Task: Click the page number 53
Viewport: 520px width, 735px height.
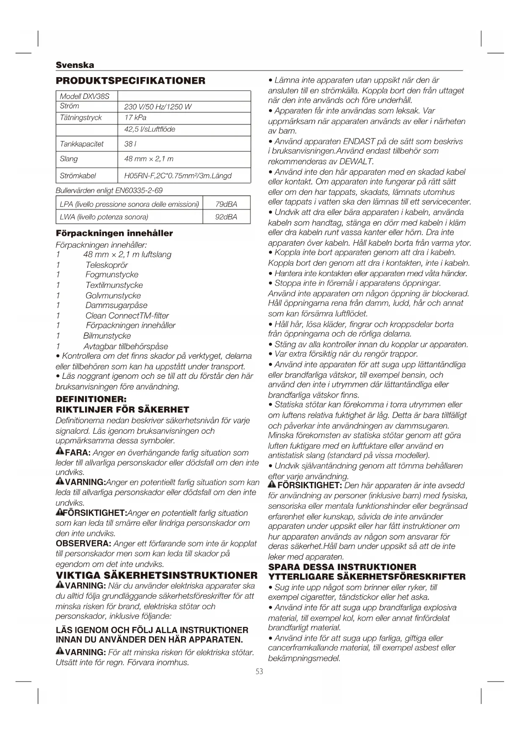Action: (x=259, y=671)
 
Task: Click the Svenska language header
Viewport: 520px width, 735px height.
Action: (x=75, y=65)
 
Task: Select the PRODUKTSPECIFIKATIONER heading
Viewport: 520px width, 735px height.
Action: (x=131, y=80)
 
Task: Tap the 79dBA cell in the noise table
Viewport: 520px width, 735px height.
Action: (x=226, y=204)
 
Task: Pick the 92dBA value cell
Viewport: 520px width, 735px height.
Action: (x=226, y=217)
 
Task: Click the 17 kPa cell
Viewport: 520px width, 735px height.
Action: (x=135, y=118)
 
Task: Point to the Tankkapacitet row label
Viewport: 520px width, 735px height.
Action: (x=82, y=144)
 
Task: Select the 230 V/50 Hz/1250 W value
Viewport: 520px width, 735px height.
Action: (x=158, y=107)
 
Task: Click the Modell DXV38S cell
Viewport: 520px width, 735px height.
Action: (x=85, y=96)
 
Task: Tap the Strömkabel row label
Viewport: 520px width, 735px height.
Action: (x=78, y=176)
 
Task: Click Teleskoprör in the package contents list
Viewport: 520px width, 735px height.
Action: (x=106, y=265)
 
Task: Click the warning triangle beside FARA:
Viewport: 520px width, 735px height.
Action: (x=60, y=452)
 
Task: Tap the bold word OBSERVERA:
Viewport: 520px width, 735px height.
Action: (x=83, y=543)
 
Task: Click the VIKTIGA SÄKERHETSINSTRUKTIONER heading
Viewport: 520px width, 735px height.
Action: (x=157, y=575)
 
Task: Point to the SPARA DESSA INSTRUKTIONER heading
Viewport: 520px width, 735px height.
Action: (x=342, y=567)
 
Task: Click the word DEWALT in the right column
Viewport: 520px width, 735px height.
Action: (x=356, y=161)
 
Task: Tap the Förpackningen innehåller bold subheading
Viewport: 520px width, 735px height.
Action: (x=114, y=233)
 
